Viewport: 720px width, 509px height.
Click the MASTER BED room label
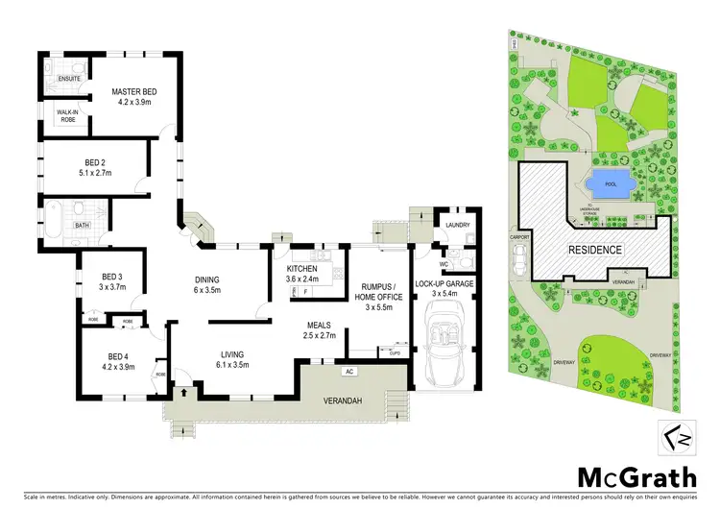135,91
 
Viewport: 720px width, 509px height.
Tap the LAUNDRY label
456,226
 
